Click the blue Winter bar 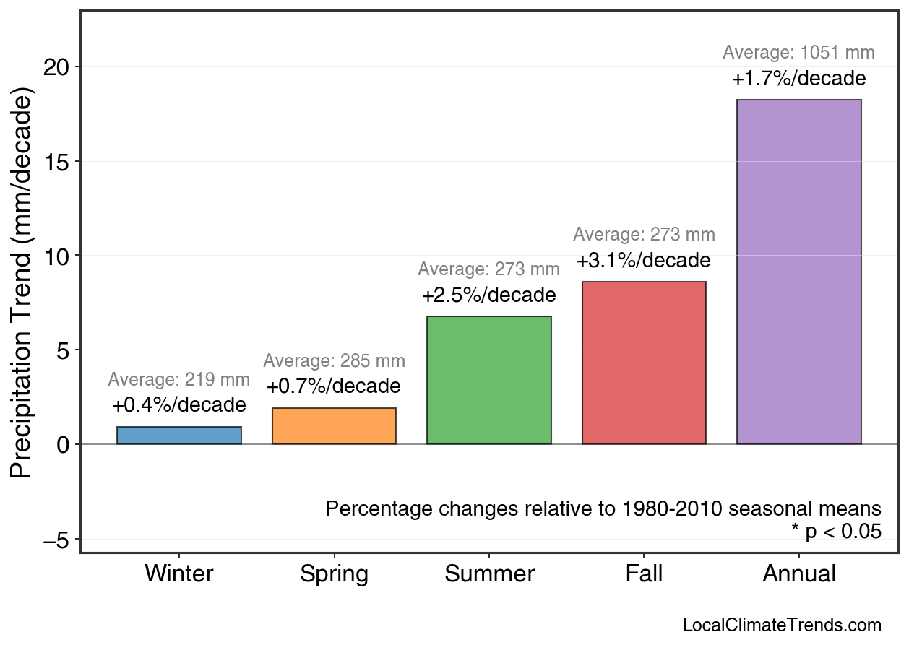[x=178, y=436]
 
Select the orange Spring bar [x=334, y=426]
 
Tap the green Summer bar [x=489, y=381]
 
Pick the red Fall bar [x=644, y=363]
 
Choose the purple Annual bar [x=798, y=272]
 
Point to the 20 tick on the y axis [x=59, y=67]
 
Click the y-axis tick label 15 [x=59, y=162]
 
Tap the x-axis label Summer [x=489, y=574]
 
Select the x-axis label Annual [x=798, y=574]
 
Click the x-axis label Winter [x=178, y=574]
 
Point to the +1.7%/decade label [x=798, y=78]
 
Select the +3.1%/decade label [x=644, y=260]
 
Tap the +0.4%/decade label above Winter [x=178, y=405]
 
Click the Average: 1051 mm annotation [x=798, y=53]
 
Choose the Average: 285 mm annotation [x=334, y=361]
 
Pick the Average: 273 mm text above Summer [x=489, y=269]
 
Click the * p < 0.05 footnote [x=836, y=532]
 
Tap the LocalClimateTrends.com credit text [x=782, y=625]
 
